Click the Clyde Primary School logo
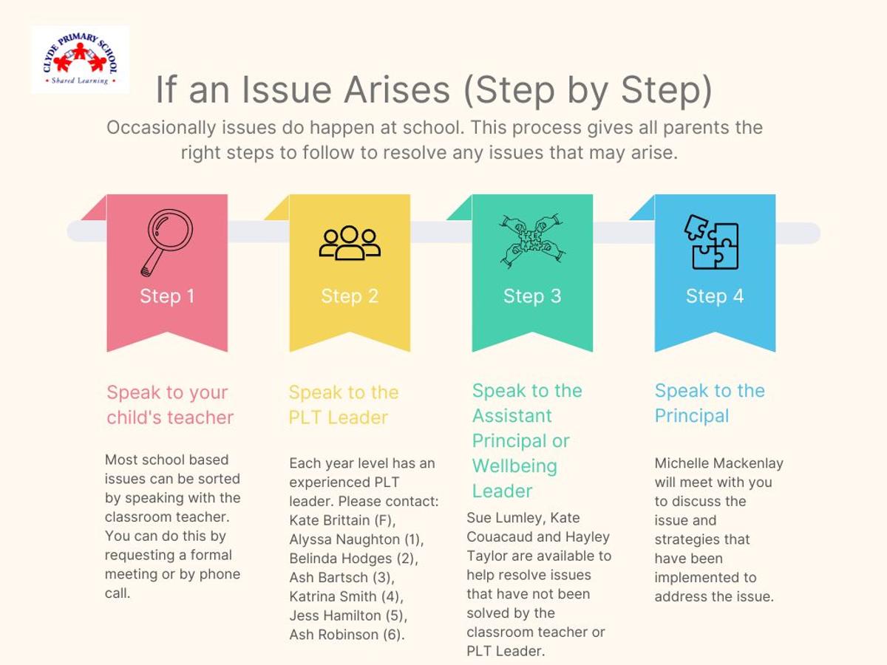coord(80,59)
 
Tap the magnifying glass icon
coord(167,242)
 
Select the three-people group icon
coord(350,242)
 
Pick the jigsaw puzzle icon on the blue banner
coord(712,242)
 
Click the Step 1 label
coord(167,296)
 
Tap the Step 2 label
coord(350,296)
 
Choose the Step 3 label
coord(532,296)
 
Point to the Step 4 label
coord(715,296)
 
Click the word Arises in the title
coord(396,90)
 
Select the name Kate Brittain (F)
coord(342,520)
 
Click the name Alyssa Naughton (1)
coord(356,539)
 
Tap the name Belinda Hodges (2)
coord(353,558)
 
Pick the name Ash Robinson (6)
coord(347,634)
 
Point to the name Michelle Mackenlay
coord(719,463)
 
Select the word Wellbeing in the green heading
coord(514,466)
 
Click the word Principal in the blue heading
coord(692,416)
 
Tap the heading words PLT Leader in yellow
coord(339,417)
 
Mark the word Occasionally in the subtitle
coord(162,128)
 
